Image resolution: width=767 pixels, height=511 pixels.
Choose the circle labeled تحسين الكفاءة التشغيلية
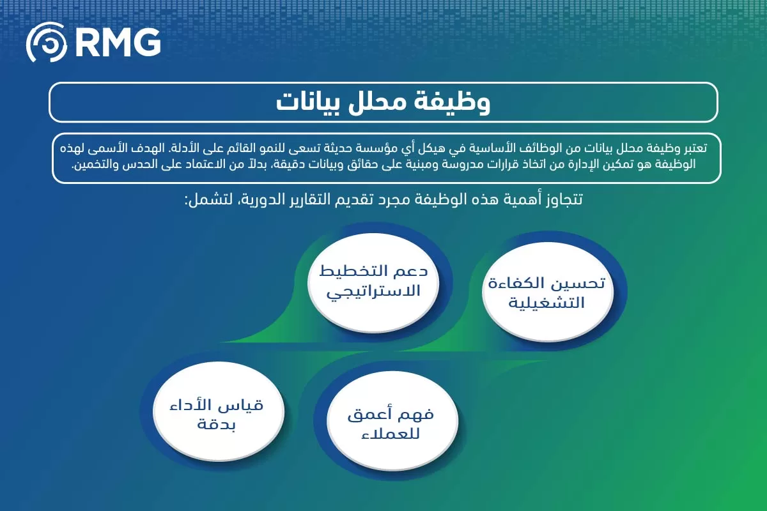(x=547, y=293)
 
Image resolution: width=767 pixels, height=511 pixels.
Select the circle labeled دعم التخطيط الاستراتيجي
(x=373, y=280)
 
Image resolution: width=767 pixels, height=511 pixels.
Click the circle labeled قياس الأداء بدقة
(x=215, y=414)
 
